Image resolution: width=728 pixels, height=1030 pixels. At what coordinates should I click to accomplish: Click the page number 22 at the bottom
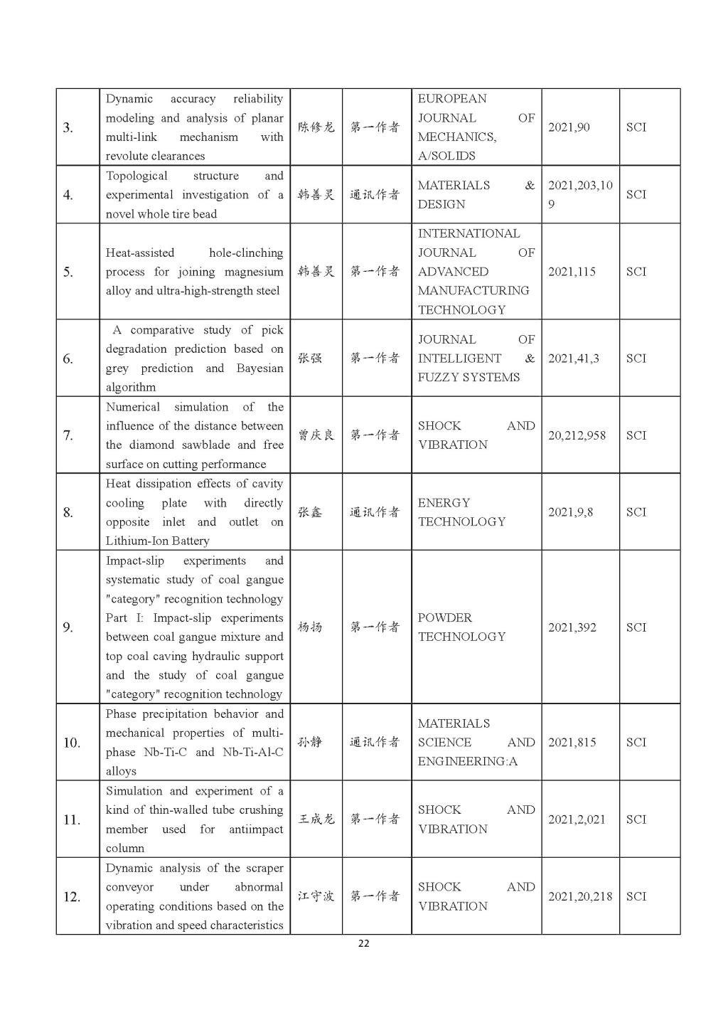(363, 944)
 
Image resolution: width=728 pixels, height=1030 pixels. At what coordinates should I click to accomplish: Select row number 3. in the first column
(68, 128)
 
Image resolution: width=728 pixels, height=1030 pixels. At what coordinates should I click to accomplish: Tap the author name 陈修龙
(316, 127)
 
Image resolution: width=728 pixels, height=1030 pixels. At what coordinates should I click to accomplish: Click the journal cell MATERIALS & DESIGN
(476, 194)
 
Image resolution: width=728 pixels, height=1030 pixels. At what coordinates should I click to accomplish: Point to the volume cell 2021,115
(572, 272)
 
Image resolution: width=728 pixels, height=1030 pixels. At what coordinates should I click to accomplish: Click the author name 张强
(309, 358)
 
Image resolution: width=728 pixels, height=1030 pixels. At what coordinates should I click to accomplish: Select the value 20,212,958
(577, 435)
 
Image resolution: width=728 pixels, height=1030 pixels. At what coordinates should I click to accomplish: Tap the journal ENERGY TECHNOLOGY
(461, 512)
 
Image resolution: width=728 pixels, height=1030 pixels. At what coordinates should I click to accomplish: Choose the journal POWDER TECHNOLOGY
(461, 627)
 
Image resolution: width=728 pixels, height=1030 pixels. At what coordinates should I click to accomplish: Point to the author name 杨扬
(309, 627)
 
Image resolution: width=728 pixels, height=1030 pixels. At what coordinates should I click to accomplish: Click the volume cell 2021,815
(572, 743)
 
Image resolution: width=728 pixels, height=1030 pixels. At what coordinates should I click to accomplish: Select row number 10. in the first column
(72, 743)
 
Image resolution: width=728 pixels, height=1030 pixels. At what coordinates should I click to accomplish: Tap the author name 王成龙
(316, 819)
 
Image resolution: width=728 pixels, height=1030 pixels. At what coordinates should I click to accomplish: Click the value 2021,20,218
(579, 896)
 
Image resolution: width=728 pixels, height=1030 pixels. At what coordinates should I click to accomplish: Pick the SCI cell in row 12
(636, 896)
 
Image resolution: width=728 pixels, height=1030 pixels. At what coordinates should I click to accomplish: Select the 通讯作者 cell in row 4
(375, 194)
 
